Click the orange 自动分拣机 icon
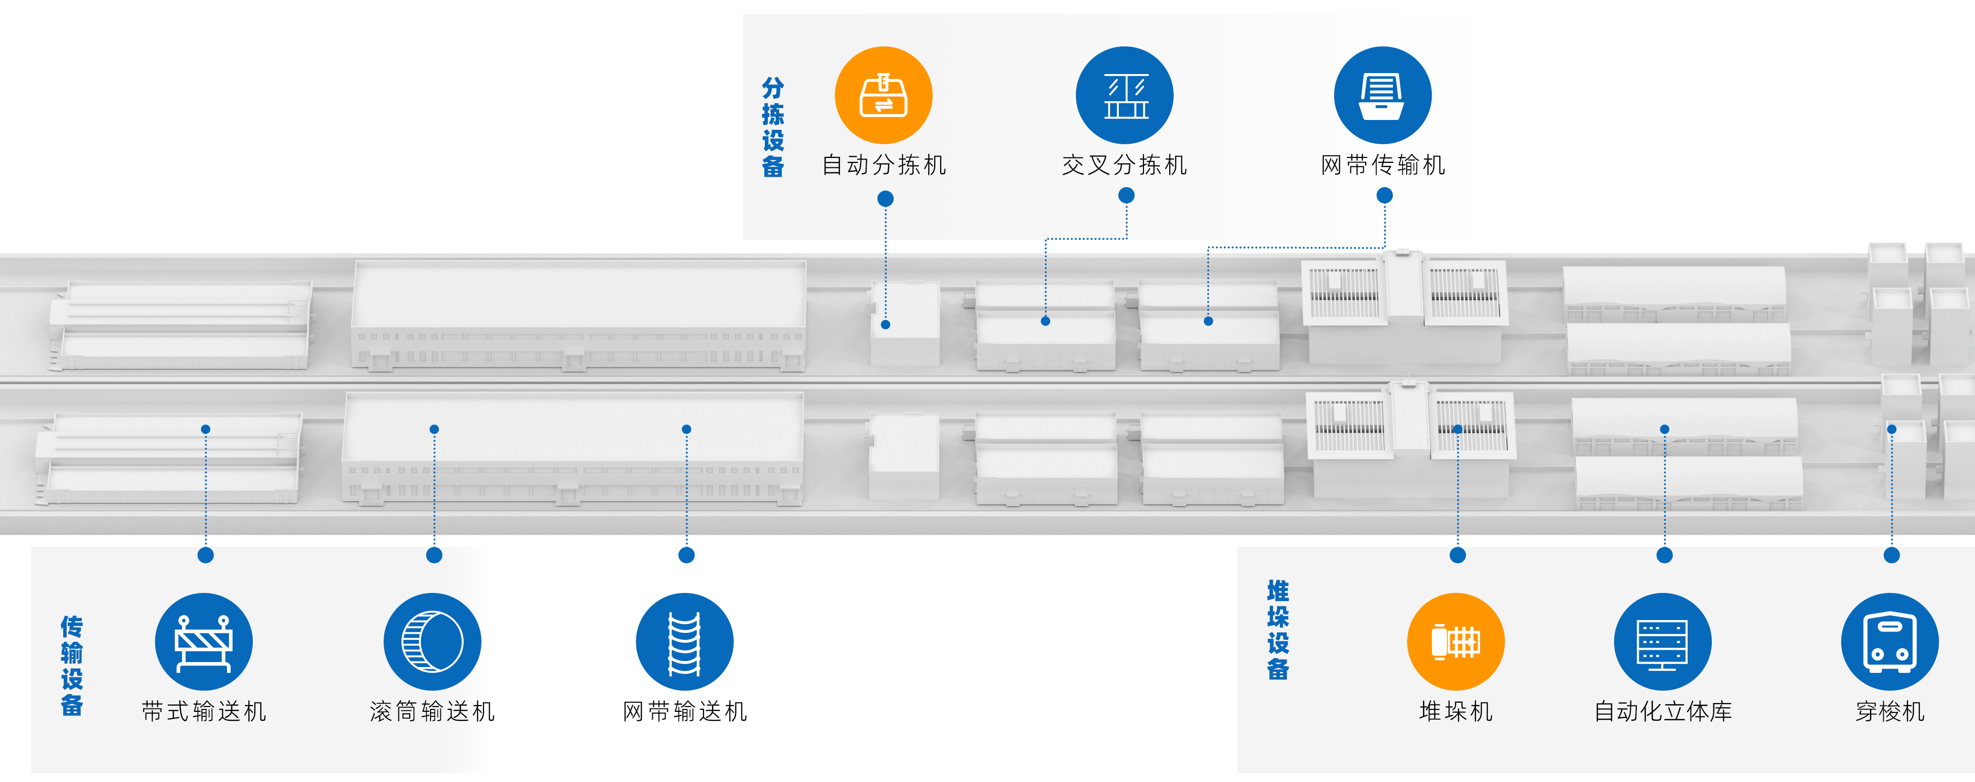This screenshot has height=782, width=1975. pyautogui.click(x=883, y=95)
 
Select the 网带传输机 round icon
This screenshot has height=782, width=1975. pyautogui.click(x=1382, y=95)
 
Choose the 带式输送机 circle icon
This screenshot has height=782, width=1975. pyautogui.click(x=204, y=642)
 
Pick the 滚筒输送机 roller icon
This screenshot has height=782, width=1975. pyautogui.click(x=433, y=642)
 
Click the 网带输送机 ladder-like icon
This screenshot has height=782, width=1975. pyautogui.click(x=685, y=642)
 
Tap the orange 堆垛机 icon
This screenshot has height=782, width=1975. pyautogui.click(x=1456, y=642)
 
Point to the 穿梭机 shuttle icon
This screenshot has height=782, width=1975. pyautogui.click(x=1890, y=642)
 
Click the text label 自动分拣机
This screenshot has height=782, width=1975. pyautogui.click(x=884, y=165)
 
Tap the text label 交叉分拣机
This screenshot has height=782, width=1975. pyautogui.click(x=1125, y=165)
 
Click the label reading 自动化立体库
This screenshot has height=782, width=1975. pyautogui.click(x=1663, y=711)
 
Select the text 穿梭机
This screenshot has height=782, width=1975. pyautogui.click(x=1890, y=711)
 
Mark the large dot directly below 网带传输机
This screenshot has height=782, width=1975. pyautogui.click(x=1384, y=195)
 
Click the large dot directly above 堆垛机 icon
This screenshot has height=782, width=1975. pyautogui.click(x=1458, y=555)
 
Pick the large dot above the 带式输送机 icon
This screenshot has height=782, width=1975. pyautogui.click(x=205, y=555)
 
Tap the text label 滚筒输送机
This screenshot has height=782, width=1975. pyautogui.click(x=433, y=711)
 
